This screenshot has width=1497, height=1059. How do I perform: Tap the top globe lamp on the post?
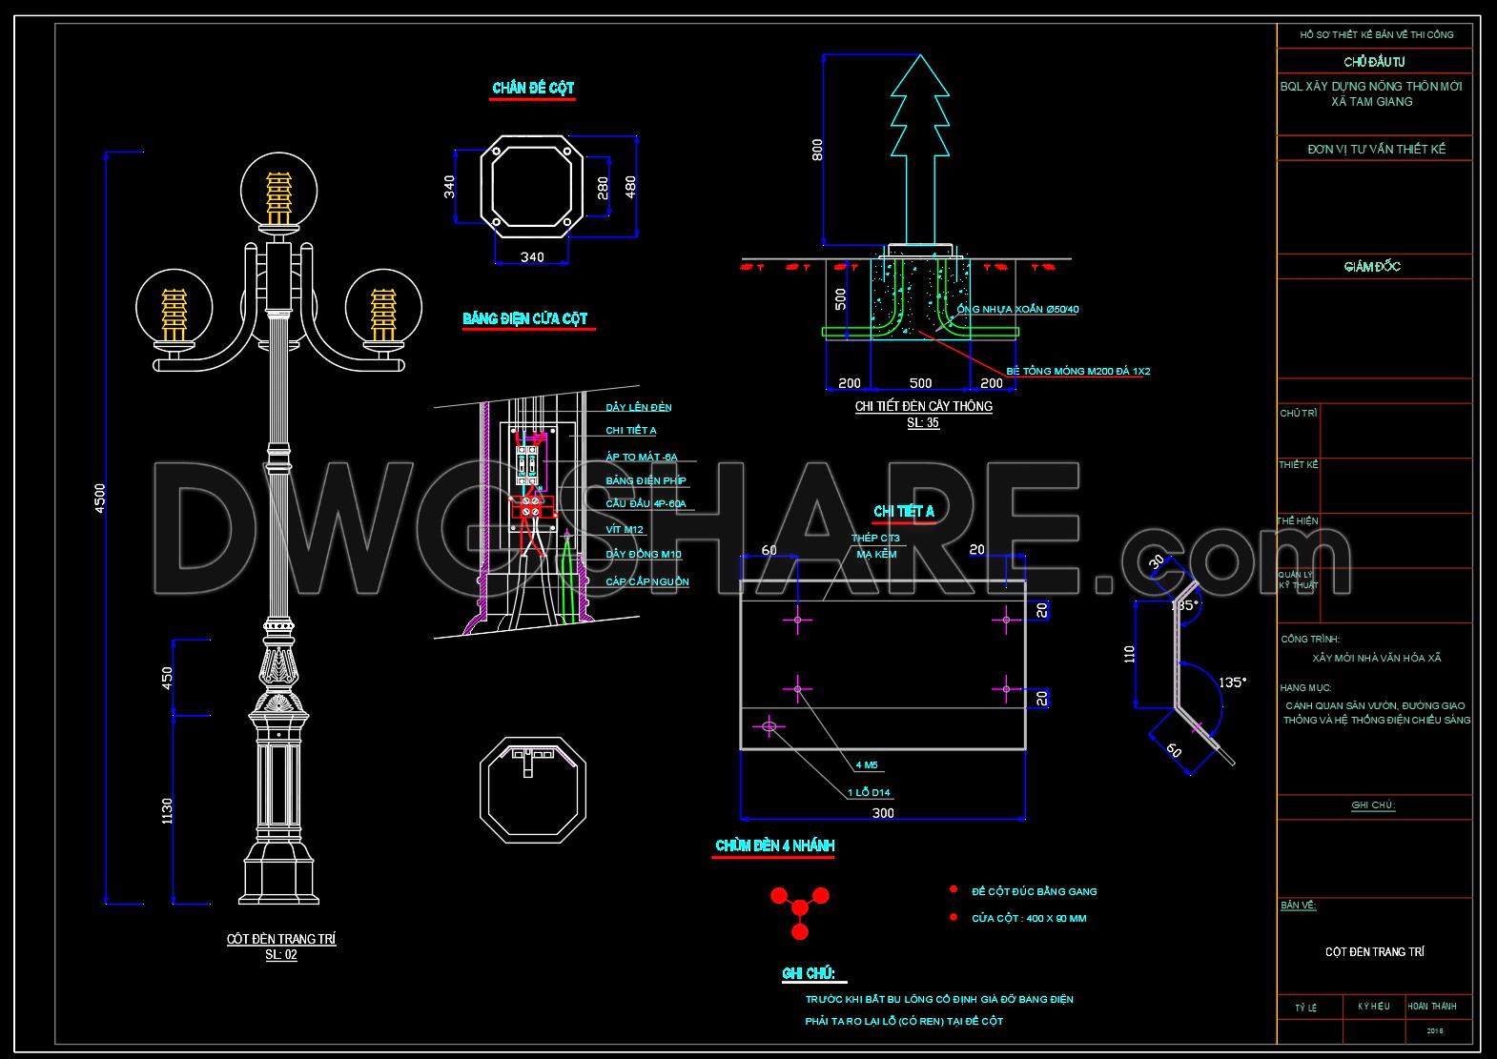(x=277, y=193)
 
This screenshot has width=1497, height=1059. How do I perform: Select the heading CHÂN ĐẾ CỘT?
(x=533, y=89)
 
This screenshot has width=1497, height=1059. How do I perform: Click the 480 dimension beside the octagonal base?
(x=630, y=186)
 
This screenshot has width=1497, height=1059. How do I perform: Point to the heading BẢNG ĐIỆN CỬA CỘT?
(x=525, y=318)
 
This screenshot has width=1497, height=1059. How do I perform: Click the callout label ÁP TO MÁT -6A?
(x=642, y=458)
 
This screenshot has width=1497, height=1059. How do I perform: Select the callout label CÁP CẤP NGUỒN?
(x=647, y=581)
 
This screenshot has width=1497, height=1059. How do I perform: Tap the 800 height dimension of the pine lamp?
(x=817, y=150)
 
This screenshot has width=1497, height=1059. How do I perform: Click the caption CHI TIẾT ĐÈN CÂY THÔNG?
(x=923, y=406)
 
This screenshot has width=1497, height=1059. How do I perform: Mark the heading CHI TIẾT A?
(x=904, y=512)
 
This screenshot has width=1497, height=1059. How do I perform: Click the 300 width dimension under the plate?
(x=883, y=813)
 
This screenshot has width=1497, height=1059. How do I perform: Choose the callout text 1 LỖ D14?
(x=869, y=792)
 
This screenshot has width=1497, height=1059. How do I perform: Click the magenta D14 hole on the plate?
(x=769, y=727)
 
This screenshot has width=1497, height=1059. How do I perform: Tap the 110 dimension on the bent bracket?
(x=1130, y=654)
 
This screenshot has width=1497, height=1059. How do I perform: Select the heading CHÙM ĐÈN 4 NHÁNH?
(x=774, y=845)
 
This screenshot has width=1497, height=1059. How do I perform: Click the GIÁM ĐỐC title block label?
(x=1372, y=267)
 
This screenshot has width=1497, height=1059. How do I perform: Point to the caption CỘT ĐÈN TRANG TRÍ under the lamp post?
(x=281, y=939)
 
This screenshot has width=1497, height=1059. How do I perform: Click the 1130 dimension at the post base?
(x=168, y=810)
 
